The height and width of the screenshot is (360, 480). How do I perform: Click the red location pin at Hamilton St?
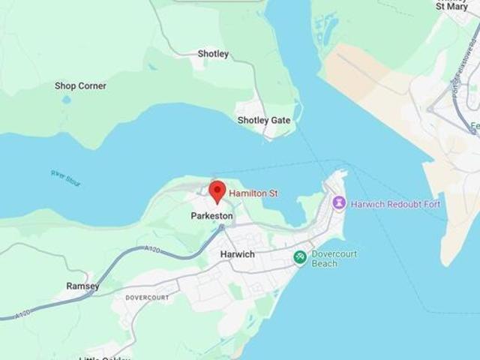click(x=217, y=190)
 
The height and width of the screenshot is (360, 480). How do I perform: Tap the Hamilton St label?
click(x=253, y=193)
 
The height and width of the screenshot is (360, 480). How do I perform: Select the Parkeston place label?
click(x=211, y=216)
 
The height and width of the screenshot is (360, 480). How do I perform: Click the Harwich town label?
click(x=237, y=254)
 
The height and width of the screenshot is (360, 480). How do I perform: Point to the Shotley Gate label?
click(x=264, y=120)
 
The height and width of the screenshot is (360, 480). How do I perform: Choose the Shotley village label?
click(x=213, y=54)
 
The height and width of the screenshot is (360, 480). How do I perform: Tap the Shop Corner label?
click(x=80, y=86)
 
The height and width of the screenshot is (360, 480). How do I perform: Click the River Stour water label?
click(x=65, y=178)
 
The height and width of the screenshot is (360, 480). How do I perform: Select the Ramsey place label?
click(x=82, y=286)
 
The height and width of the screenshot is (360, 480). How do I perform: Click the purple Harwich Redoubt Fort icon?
click(x=339, y=202)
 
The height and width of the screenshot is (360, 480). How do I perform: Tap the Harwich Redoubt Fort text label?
click(x=396, y=204)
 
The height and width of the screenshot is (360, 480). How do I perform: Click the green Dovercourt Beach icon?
click(x=300, y=257)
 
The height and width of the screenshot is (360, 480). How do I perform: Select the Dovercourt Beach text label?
click(x=334, y=259)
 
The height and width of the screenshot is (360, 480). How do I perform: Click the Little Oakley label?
click(x=105, y=358)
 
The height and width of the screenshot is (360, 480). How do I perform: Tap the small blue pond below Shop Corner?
click(x=67, y=99)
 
